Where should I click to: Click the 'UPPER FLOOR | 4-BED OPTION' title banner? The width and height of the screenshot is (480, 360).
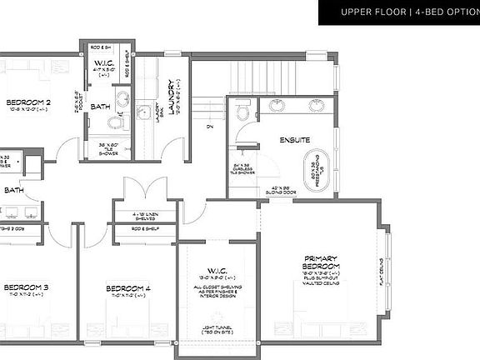(x=398, y=12)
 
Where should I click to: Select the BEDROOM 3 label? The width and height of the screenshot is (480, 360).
(x=25, y=287)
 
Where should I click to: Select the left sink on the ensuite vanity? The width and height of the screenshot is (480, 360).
(x=276, y=106)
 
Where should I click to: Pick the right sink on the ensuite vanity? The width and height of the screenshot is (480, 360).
(x=317, y=106)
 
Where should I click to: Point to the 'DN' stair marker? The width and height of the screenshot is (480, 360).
(x=210, y=127)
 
